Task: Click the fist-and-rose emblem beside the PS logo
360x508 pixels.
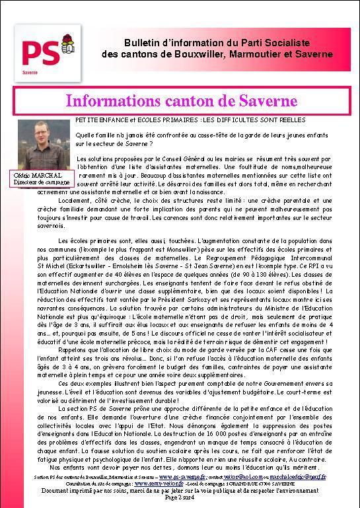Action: [66, 45]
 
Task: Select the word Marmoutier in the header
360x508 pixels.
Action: [246, 54]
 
